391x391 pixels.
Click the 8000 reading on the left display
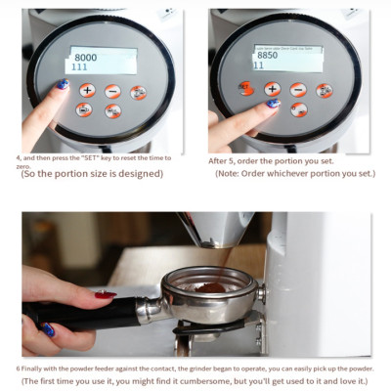[85, 57]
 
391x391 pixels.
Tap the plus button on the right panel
[272, 88]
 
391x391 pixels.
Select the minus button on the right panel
[298, 89]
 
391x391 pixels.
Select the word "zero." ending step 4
[25, 166]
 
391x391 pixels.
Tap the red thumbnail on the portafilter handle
[105, 294]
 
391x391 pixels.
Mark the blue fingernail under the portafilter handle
[47, 330]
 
